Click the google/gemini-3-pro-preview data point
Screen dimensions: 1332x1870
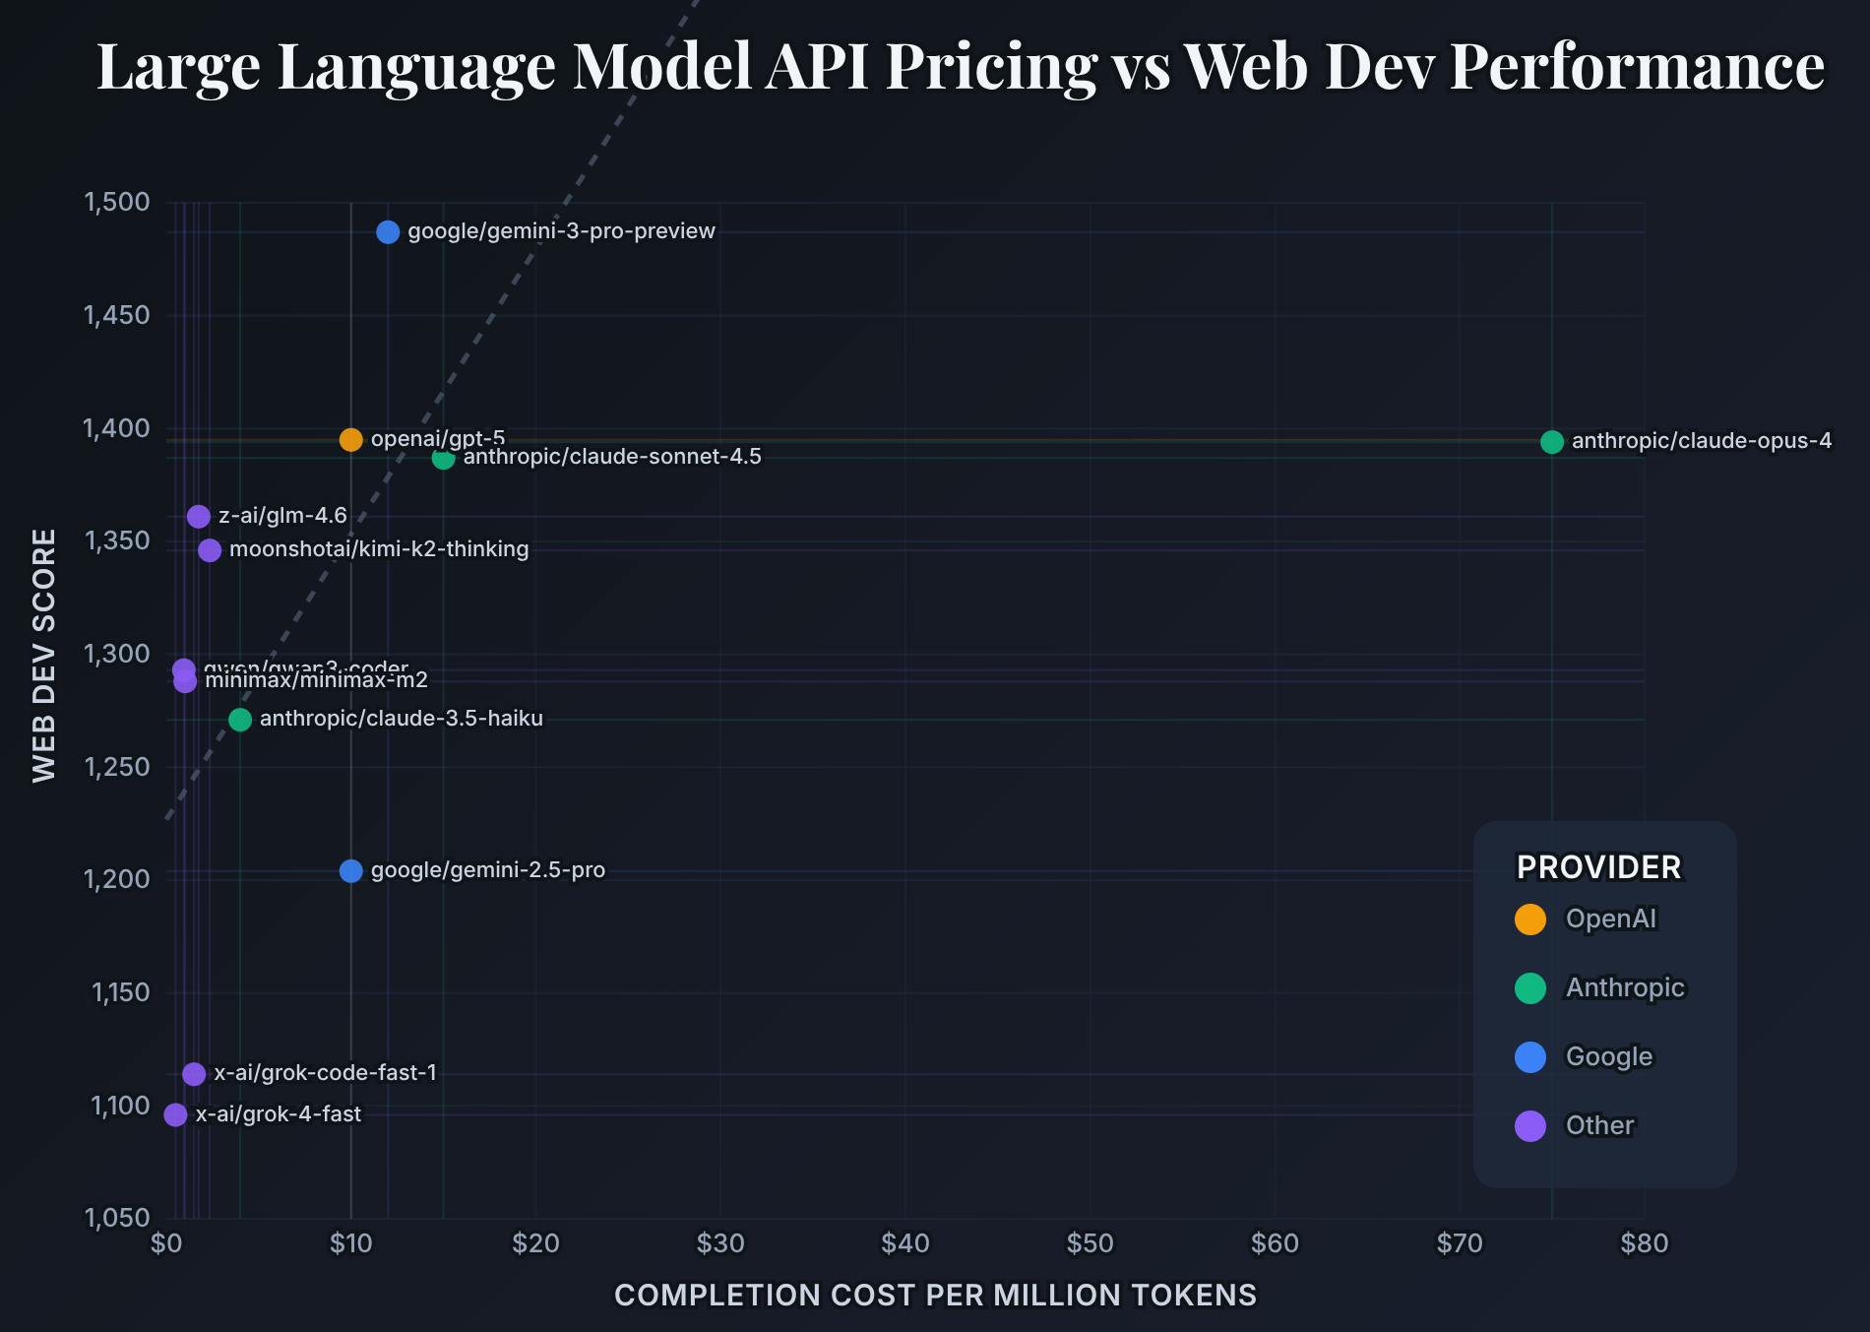tap(388, 231)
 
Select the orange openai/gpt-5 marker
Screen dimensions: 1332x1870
tap(351, 439)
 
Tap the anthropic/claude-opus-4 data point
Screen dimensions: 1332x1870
tap(1552, 442)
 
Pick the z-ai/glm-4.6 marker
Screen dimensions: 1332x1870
tap(199, 516)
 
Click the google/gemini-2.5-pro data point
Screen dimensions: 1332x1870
tap(351, 870)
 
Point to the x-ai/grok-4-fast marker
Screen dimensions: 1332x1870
tap(175, 1114)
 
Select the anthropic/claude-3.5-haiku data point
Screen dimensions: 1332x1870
tap(240, 720)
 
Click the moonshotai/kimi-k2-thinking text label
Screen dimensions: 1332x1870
tap(379, 549)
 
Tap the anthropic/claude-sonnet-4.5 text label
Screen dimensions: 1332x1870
tap(612, 457)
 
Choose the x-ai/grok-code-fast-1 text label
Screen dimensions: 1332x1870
tap(325, 1073)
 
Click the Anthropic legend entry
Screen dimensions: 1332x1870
tap(1625, 987)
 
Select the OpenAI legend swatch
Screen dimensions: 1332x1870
tap(1530, 919)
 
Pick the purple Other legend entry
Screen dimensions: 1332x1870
tap(1599, 1125)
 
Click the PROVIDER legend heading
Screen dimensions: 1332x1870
tap(1598, 867)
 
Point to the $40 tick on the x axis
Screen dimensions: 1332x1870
tap(905, 1243)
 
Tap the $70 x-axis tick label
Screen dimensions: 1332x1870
tap(1460, 1243)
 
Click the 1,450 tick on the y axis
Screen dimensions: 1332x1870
tap(117, 315)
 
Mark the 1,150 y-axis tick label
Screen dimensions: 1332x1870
tap(121, 992)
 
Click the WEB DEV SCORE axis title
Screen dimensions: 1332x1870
tap(44, 656)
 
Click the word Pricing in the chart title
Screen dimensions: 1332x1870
tap(991, 66)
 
